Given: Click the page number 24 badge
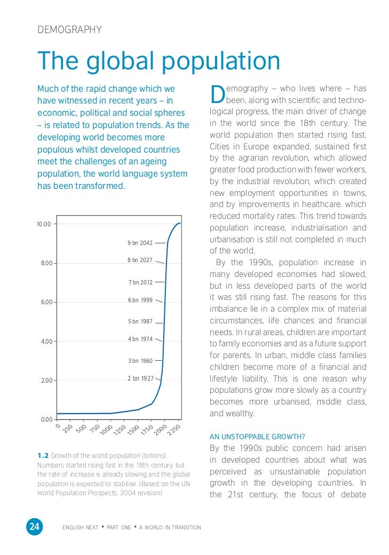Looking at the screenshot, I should point(34,527).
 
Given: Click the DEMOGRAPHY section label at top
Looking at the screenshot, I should point(69,30).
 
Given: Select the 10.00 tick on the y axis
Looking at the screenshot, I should point(44,224).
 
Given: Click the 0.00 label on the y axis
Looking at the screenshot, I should point(46,419).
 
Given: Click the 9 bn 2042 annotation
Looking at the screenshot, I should point(140,243).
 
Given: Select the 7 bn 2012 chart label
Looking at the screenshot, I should point(140,282).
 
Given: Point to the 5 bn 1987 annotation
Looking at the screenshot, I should point(140,321).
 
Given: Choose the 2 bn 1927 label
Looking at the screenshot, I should point(140,378).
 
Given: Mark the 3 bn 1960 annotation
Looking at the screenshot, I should point(140,361).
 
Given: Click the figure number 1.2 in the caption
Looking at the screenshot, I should point(43,455).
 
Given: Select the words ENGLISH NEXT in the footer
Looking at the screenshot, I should point(80,528).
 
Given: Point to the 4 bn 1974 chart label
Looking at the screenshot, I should point(140,339).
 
